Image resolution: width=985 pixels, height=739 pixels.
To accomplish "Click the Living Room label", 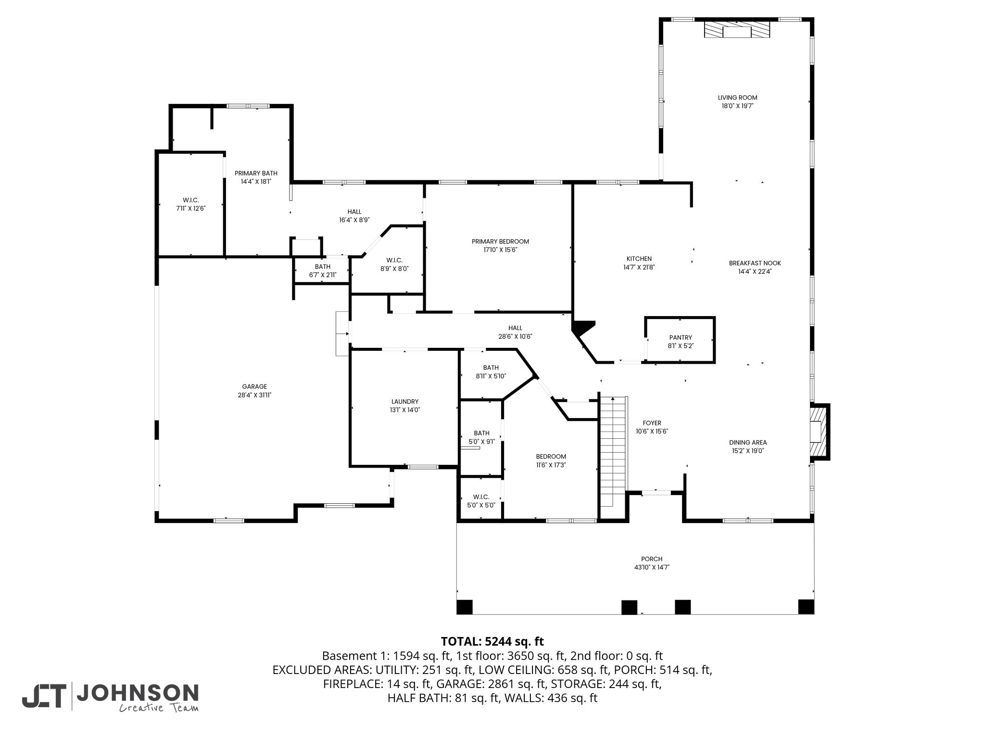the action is point(737,98).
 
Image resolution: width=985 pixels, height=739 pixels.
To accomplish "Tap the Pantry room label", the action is point(680,338).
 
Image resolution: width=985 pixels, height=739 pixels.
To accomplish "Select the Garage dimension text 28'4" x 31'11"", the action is point(254,395).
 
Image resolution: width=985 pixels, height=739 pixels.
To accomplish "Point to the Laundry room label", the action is point(404,402).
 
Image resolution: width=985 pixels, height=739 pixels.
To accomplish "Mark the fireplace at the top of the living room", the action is point(737,29).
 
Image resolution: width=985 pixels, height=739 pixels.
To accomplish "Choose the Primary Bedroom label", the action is point(500,242).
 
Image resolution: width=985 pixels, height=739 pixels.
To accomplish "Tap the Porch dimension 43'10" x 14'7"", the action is point(652,567).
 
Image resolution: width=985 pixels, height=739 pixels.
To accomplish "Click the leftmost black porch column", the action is point(464,607).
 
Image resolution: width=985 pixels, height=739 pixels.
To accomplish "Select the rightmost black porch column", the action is point(806,607).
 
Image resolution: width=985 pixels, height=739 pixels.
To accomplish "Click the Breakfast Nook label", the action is point(755,263).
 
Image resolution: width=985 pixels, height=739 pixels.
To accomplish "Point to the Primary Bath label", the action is point(256,173).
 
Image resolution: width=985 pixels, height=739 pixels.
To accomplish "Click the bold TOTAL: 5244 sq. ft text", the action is point(492,641).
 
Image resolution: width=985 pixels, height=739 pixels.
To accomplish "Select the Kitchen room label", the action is point(639,259).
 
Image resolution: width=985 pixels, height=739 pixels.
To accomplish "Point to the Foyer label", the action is point(652,423).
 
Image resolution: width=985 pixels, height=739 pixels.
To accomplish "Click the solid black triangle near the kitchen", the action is point(581,328).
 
